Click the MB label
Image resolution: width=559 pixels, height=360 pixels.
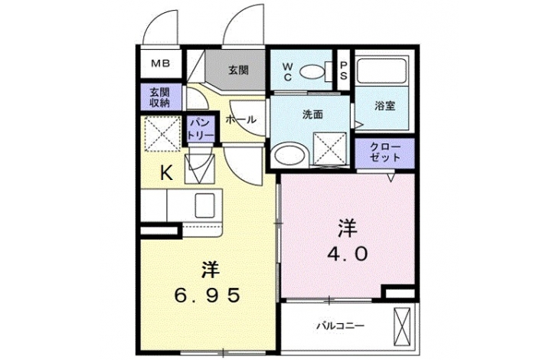[161, 64]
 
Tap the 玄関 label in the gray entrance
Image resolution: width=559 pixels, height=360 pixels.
[238, 70]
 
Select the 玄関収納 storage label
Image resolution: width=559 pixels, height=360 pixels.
[160, 98]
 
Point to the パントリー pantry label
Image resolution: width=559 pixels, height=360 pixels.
[201, 129]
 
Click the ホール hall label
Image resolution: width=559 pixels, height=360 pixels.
[240, 119]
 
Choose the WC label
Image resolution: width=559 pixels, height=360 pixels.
[288, 72]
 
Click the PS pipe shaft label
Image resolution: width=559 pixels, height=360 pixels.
[344, 70]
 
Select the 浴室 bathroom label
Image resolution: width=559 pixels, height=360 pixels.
[385, 106]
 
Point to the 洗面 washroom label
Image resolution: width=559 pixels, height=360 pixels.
[312, 114]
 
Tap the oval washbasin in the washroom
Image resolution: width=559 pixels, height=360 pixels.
[290, 155]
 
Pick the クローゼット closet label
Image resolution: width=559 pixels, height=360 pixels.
[385, 152]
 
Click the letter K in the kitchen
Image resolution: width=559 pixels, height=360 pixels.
[166, 173]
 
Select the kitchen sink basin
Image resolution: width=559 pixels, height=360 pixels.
[204, 206]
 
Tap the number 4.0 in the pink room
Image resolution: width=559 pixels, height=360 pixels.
[348, 254]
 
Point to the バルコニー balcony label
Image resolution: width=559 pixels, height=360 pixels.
[341, 326]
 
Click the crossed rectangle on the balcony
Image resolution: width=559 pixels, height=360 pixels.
[402, 326]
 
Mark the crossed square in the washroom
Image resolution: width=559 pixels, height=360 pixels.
[330, 148]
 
